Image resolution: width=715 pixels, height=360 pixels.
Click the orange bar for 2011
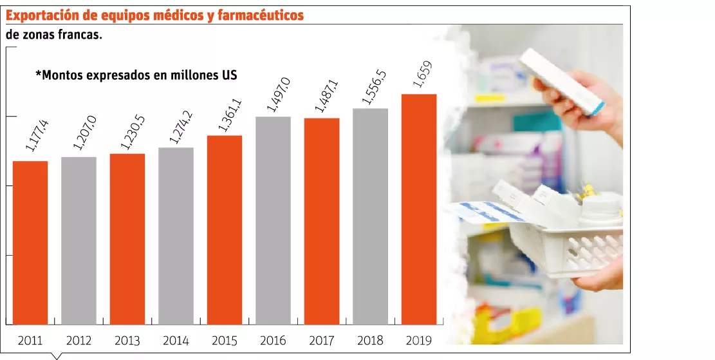tap(30, 243)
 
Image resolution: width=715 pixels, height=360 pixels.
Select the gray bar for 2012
tap(79, 241)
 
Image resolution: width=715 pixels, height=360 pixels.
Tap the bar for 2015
tap(225, 230)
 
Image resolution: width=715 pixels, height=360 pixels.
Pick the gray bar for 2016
tap(273, 221)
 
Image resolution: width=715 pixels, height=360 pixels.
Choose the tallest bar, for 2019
tap(418, 209)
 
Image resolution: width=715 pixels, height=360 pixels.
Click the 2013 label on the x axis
tap(127, 341)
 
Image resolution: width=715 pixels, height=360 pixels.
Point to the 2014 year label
tap(176, 341)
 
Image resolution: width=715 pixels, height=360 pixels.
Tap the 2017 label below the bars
tap(322, 341)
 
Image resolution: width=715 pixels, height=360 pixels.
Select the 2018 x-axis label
tap(370, 341)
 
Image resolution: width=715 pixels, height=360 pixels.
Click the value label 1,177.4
tap(37, 135)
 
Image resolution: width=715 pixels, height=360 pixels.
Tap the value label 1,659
tap(422, 74)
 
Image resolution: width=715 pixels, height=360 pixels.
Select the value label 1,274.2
tap(181, 128)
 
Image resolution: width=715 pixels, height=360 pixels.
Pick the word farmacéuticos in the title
tap(261, 16)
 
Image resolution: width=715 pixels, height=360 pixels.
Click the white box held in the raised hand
tap(562, 81)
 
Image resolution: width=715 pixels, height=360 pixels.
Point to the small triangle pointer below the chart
tap(57, 356)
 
